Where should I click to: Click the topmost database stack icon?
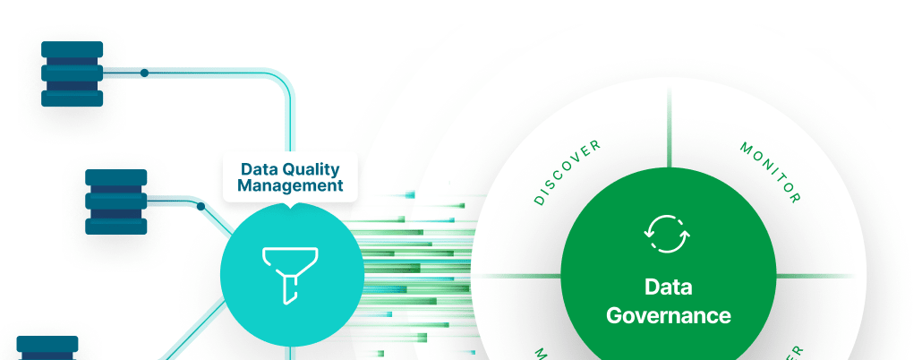73,73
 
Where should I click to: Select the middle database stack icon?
115,201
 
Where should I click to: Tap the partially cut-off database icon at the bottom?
47,347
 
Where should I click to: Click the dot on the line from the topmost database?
144,73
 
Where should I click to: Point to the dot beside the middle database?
201,206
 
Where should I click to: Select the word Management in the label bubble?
291,186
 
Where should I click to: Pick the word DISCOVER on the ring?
568,173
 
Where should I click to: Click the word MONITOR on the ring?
771,171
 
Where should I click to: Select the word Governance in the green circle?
669,315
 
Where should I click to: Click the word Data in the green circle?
668,288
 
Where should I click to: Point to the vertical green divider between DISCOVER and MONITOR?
668,130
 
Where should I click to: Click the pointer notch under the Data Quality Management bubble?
291,208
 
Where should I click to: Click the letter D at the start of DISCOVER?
539,201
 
